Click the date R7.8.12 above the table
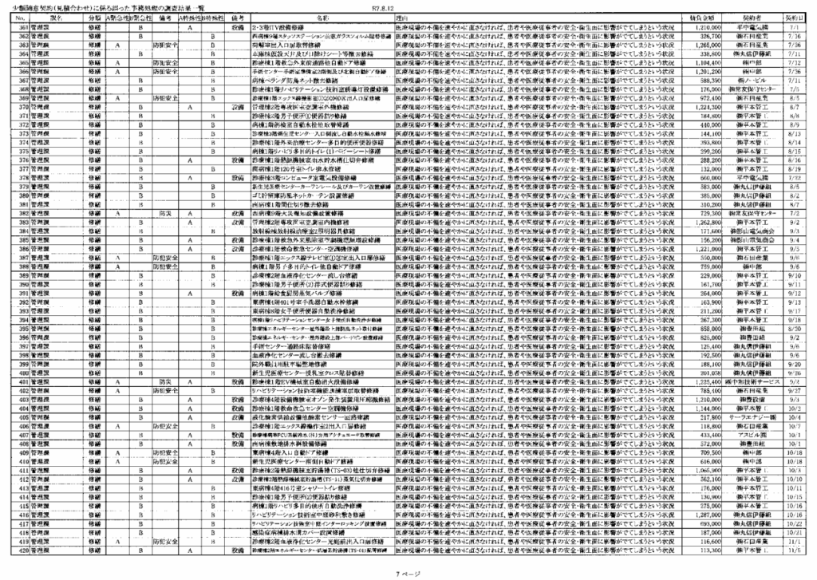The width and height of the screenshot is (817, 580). pyautogui.click(x=384, y=8)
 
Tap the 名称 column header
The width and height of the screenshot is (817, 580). pyautogui.click(x=323, y=17)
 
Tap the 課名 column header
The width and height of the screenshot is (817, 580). pyautogui.click(x=55, y=17)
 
